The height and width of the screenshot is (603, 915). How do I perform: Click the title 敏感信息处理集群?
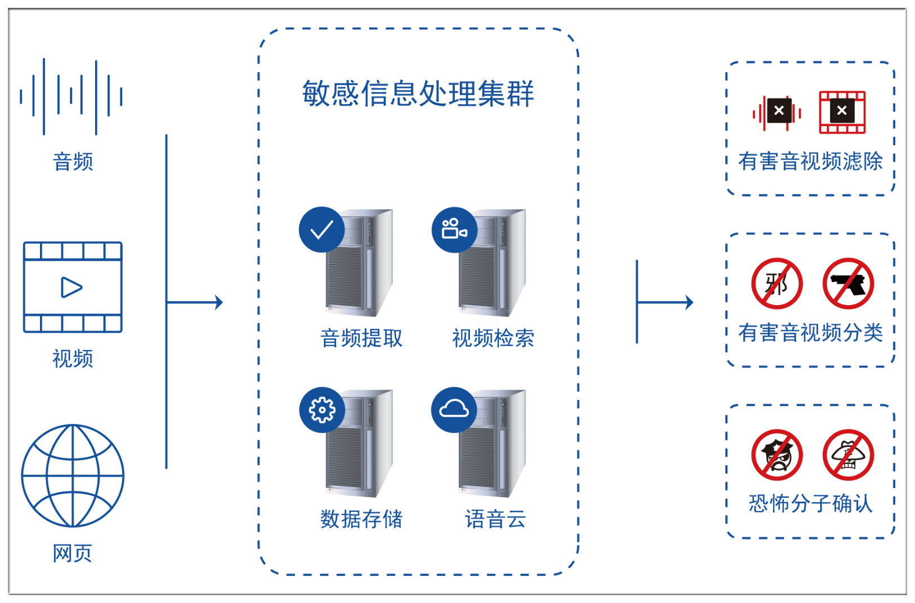(x=418, y=93)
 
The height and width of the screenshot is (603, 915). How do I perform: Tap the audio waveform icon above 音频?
(x=71, y=97)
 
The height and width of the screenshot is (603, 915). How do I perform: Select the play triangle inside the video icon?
(x=71, y=287)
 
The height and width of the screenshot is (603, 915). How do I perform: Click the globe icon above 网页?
(x=73, y=475)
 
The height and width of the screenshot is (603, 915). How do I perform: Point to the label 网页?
(x=72, y=553)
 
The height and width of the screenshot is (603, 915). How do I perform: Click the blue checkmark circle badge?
(x=321, y=229)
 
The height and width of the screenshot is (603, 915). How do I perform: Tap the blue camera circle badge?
(x=454, y=229)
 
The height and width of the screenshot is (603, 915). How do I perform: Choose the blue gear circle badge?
(x=322, y=410)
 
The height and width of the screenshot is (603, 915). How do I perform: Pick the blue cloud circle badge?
(x=454, y=410)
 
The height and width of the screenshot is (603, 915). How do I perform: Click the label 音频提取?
(x=361, y=338)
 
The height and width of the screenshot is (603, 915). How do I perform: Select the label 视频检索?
(x=494, y=338)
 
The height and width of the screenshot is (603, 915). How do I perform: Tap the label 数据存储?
(x=361, y=519)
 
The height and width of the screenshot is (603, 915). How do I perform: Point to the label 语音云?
(x=495, y=519)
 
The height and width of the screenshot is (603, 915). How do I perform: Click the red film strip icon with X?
(x=842, y=112)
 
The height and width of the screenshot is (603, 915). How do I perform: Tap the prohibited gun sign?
(x=848, y=283)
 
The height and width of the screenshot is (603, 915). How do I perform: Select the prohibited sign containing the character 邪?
(x=777, y=283)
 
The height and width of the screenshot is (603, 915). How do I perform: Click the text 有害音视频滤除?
(x=810, y=161)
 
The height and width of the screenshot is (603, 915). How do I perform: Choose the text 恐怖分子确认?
(x=810, y=503)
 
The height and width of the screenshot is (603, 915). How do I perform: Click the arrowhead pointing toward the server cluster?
(x=219, y=302)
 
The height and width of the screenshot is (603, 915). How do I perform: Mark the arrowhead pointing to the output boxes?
(x=689, y=302)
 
